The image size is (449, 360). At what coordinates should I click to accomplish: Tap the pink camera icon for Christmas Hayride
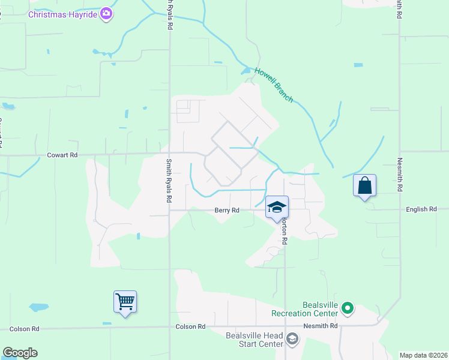106,13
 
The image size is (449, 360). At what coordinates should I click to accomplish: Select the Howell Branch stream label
273,85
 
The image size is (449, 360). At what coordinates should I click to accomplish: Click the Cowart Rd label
62,155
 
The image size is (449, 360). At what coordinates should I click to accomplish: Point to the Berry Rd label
228,211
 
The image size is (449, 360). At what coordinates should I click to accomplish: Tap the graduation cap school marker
277,208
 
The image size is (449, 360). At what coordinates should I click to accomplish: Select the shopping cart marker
125,301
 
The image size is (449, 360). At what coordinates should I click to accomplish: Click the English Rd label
421,209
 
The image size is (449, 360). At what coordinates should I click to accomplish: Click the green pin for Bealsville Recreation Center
347,308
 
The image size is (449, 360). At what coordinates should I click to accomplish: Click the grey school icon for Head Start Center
292,339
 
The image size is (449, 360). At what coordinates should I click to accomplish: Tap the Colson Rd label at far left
24,329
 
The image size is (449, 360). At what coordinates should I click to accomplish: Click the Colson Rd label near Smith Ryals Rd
191,327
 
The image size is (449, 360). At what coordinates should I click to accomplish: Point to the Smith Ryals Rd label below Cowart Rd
169,180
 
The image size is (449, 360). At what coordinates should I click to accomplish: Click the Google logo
20,353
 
